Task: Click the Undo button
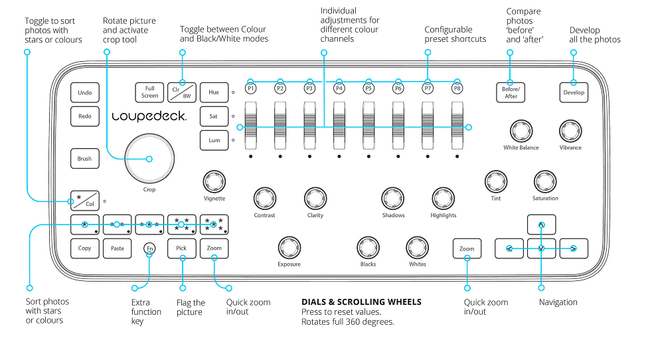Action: point(84,92)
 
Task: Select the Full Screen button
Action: point(149,92)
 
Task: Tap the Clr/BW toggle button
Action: point(181,92)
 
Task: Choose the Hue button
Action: point(214,92)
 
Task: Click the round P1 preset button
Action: point(251,88)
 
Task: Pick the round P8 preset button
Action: point(457,88)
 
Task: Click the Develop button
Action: point(574,92)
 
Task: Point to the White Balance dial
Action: point(521,130)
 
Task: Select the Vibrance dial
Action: point(570,130)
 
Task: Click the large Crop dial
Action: point(149,158)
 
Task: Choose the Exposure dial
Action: point(289,246)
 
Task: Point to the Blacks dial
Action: point(368,246)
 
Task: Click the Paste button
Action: point(117,248)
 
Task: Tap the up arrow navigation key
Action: point(542,225)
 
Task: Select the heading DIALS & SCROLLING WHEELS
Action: point(361,302)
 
